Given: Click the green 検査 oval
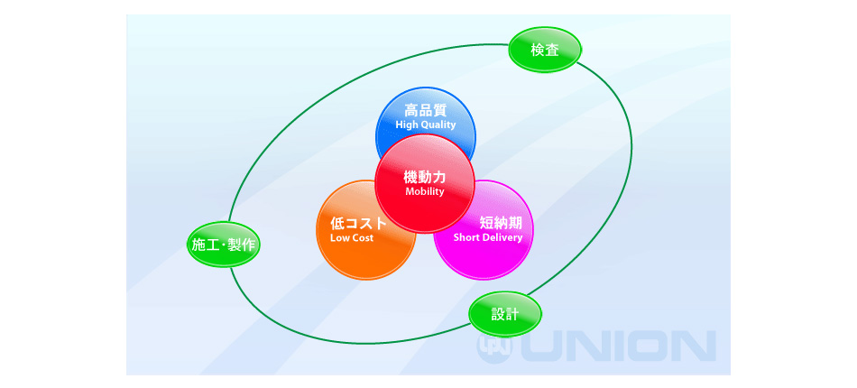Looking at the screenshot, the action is (x=545, y=50).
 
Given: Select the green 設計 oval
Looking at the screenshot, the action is (x=505, y=314).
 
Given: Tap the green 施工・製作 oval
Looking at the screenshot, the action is (x=223, y=245).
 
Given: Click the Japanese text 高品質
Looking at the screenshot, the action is (x=425, y=110).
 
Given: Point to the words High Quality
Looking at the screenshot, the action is (x=425, y=125).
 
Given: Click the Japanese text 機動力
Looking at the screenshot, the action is (x=425, y=177).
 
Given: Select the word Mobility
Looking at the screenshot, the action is (x=425, y=192).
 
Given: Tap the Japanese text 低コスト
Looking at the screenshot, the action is (x=358, y=223).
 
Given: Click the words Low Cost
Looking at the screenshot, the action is (x=352, y=237).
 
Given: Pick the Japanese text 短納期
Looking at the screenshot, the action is (x=501, y=223).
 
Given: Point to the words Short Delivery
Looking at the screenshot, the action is (x=488, y=237).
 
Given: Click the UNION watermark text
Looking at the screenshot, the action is (x=618, y=346).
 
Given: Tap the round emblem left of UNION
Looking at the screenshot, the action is (x=496, y=346).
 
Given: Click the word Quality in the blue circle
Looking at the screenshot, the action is (x=438, y=125).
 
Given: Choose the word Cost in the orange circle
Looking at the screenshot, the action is (x=363, y=237).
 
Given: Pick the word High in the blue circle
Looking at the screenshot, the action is (x=406, y=125).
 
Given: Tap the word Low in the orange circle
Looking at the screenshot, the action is (x=339, y=237).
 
